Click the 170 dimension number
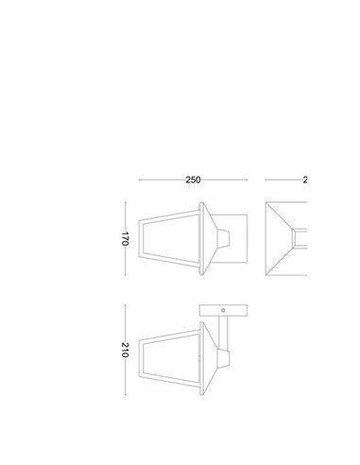pos(124,238)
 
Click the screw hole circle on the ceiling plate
pos(222,310)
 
